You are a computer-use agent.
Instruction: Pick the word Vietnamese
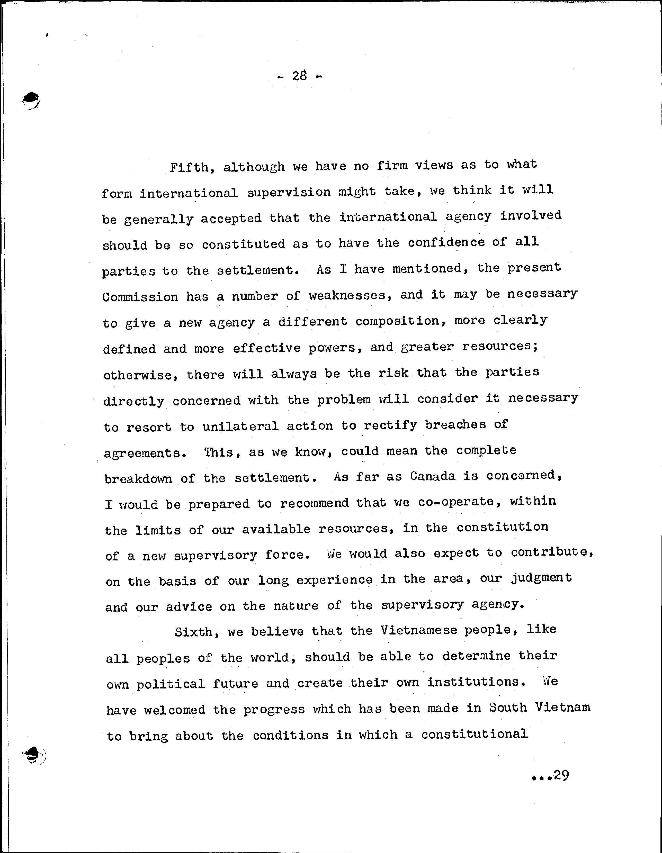tap(418, 630)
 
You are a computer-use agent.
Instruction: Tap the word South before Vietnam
tap(508, 708)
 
